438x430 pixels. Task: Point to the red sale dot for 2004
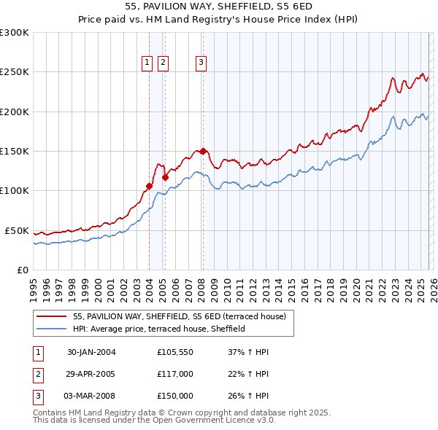click(x=149, y=186)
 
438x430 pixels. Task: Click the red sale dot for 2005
click(x=165, y=176)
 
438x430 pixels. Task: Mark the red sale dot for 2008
click(x=202, y=151)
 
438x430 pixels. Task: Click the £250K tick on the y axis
click(x=15, y=72)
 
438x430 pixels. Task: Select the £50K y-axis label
click(x=17, y=230)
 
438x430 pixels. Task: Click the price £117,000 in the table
click(x=175, y=374)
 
